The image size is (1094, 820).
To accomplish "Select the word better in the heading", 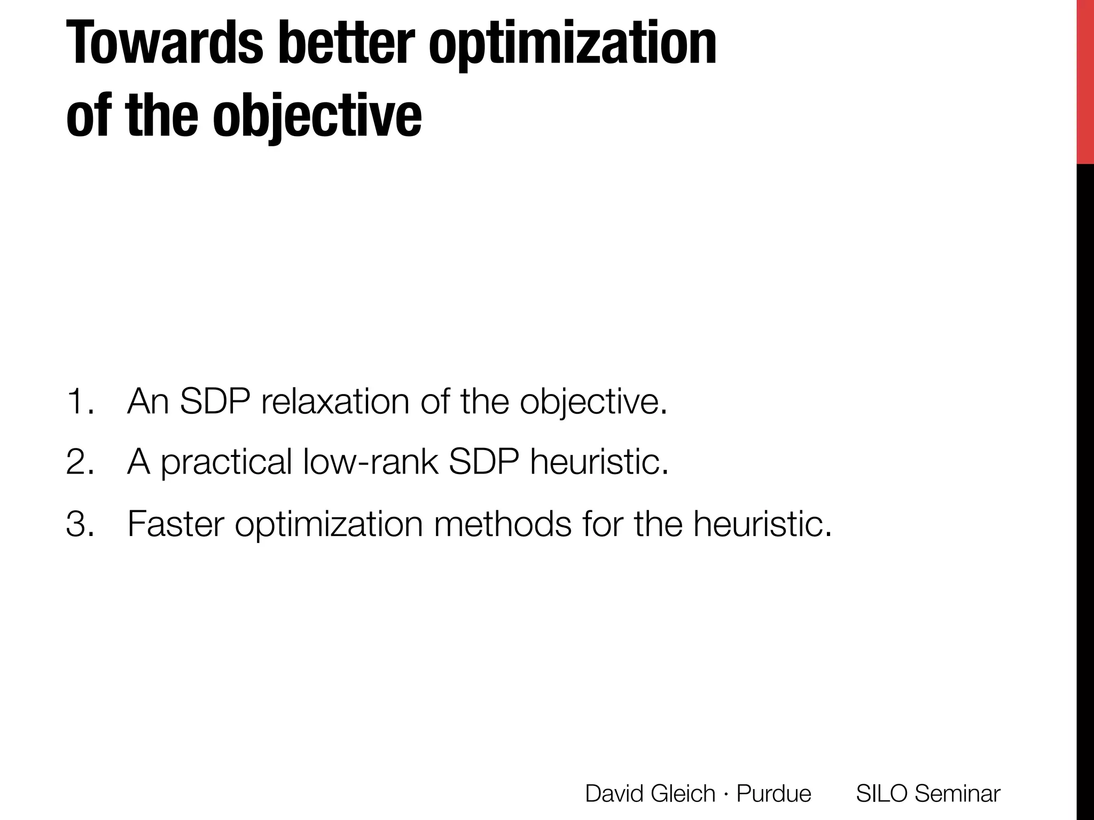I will click(346, 43).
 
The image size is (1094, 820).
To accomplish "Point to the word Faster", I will click(176, 524).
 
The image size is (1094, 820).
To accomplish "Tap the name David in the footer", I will click(613, 793).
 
